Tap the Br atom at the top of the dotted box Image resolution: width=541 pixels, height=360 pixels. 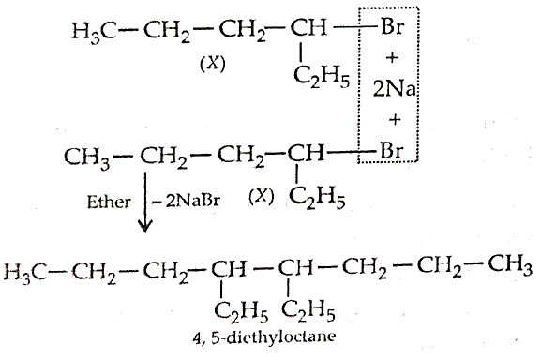click(x=392, y=27)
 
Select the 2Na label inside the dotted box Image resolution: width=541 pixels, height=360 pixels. click(x=394, y=89)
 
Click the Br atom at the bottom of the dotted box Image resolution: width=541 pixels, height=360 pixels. click(x=391, y=150)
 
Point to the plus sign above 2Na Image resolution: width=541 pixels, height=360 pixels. click(x=392, y=57)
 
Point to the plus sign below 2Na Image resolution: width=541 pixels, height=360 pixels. click(x=395, y=120)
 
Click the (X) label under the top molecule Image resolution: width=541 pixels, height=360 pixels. click(x=213, y=64)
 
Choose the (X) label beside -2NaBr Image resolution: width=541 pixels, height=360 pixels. click(x=262, y=197)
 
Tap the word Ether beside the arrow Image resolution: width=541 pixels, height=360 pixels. click(x=109, y=202)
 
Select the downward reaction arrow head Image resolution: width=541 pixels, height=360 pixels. click(x=145, y=227)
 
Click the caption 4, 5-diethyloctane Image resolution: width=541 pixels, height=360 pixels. click(x=263, y=337)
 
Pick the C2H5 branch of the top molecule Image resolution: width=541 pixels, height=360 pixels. click(x=322, y=78)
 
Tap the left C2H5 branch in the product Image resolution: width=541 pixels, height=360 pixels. click(x=241, y=311)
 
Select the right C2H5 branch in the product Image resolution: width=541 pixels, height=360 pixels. click(x=308, y=311)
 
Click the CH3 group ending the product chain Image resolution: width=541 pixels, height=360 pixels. click(x=510, y=266)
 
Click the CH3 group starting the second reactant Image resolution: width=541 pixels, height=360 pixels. click(x=87, y=157)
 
